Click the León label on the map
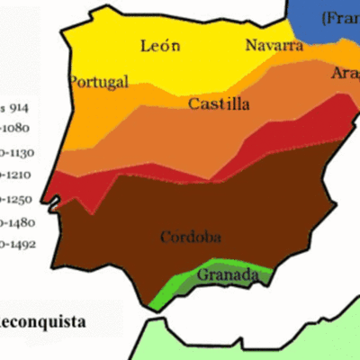click(x=159, y=45)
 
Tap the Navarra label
click(x=274, y=46)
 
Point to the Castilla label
click(x=219, y=103)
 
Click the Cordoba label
click(x=191, y=238)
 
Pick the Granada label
click(x=227, y=274)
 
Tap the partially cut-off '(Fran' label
click(x=339, y=18)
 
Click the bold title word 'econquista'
click(x=43, y=320)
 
